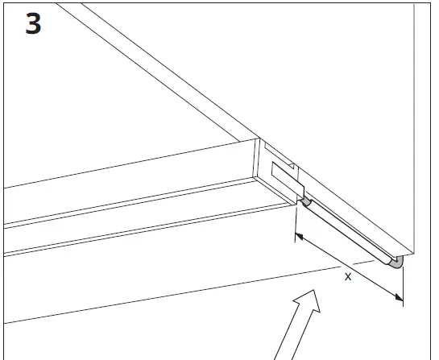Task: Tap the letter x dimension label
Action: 347,276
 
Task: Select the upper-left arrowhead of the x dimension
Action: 300,237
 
